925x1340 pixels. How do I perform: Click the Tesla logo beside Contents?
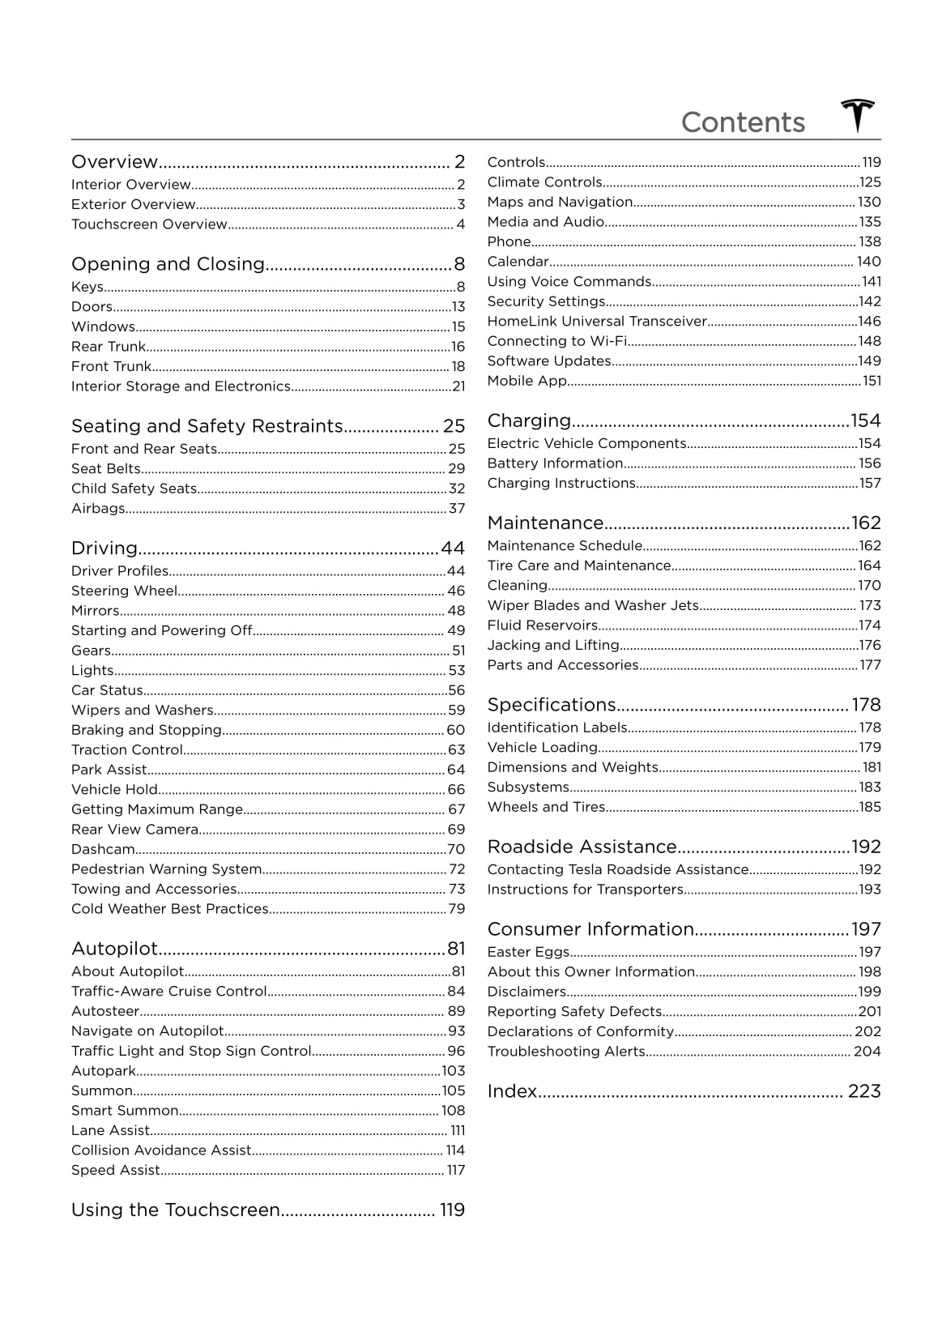[858, 117]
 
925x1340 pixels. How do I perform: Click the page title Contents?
[743, 122]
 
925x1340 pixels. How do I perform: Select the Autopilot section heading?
[114, 949]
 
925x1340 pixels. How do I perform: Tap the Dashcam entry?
[103, 849]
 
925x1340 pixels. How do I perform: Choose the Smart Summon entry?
[125, 1111]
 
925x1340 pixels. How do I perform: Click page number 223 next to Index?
[863, 1091]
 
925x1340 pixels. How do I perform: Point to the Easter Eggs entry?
[528, 952]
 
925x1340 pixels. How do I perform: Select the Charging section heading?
[529, 420]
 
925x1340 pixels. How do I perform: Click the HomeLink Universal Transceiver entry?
[597, 322]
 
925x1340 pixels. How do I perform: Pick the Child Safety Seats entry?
[134, 489]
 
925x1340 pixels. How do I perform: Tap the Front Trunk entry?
[111, 366]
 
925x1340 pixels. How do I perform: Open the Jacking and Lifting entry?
[553, 646]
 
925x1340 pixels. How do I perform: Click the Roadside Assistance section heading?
[582, 847]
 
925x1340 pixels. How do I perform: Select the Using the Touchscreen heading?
[176, 1210]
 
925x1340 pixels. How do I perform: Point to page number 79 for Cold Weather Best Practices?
[457, 909]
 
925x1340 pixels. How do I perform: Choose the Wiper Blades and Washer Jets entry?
[593, 605]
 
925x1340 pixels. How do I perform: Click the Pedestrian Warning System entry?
[166, 869]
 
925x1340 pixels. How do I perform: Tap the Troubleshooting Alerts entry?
[566, 1052]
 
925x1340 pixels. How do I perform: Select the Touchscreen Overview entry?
[149, 224]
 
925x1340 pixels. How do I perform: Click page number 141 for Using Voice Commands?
[872, 282]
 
